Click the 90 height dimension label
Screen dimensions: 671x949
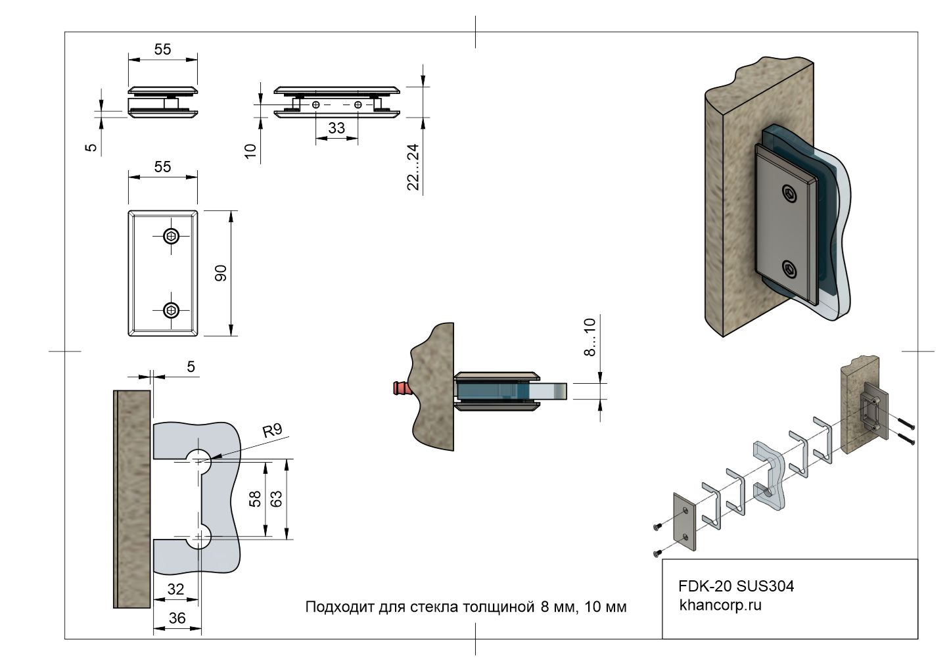[x=221, y=273]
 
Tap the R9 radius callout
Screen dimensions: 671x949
[x=271, y=431]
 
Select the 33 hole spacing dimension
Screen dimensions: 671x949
[x=336, y=127]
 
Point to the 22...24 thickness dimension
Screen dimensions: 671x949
[x=413, y=167]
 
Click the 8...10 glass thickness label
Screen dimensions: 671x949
[x=590, y=336]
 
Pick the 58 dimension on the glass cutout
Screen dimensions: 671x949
[x=256, y=499]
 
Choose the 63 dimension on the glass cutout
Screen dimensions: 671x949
[x=276, y=499]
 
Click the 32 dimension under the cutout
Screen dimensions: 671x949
[x=175, y=590]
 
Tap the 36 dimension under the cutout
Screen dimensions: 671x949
[x=177, y=618]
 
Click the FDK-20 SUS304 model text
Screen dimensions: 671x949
[x=735, y=586]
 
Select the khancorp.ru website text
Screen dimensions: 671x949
[x=720, y=605]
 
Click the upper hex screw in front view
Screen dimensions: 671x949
[x=172, y=236]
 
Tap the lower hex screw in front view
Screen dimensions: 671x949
[x=172, y=310]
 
